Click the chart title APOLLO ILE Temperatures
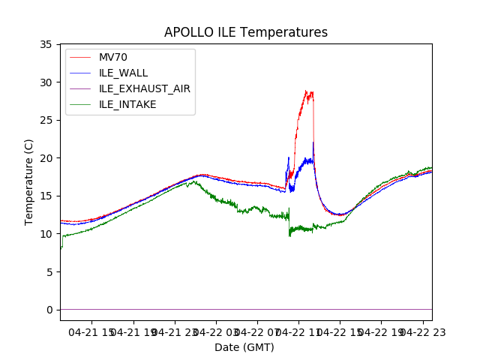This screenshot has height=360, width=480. pos(246,33)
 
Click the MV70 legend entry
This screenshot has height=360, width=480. pos(115,57)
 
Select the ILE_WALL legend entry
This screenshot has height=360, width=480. pos(123,73)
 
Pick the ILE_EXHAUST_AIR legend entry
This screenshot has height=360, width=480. pos(144,88)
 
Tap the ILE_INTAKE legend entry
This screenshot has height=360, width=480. pos(127,104)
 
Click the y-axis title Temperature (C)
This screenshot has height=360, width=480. pos(29,181)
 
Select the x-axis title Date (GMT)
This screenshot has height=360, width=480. pos(244,347)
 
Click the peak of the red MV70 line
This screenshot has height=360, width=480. pos(306,91)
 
